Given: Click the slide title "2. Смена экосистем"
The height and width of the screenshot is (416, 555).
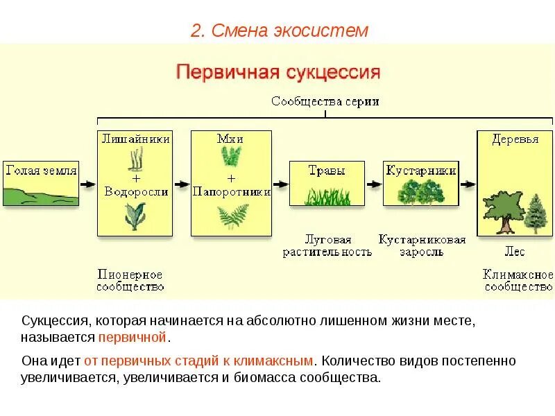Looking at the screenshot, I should (280, 31).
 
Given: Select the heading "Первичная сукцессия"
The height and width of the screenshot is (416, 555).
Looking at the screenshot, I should (278, 73).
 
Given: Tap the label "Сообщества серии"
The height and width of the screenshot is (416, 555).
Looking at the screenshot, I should (325, 101).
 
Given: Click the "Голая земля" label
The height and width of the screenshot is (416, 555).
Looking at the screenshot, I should (41, 170).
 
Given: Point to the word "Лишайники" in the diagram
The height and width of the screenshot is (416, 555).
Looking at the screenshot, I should (136, 139).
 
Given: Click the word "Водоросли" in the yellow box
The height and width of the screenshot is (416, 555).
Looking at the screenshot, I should (136, 192).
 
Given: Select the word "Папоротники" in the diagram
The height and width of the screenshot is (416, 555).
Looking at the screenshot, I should (231, 192).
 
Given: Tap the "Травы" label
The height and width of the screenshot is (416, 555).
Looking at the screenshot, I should (326, 170).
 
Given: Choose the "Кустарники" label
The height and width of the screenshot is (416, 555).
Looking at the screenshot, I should (421, 170).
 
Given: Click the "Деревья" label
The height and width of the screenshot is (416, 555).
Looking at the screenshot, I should (515, 139).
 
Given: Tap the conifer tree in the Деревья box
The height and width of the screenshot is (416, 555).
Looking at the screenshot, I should (536, 214).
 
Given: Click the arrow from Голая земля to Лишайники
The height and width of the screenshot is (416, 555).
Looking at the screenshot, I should (87, 184).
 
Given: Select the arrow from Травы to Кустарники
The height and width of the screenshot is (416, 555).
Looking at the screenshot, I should (374, 184).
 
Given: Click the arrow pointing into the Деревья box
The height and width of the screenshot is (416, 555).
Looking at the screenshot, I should (468, 184).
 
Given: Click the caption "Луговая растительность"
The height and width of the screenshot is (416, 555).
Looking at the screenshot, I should (327, 245).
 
